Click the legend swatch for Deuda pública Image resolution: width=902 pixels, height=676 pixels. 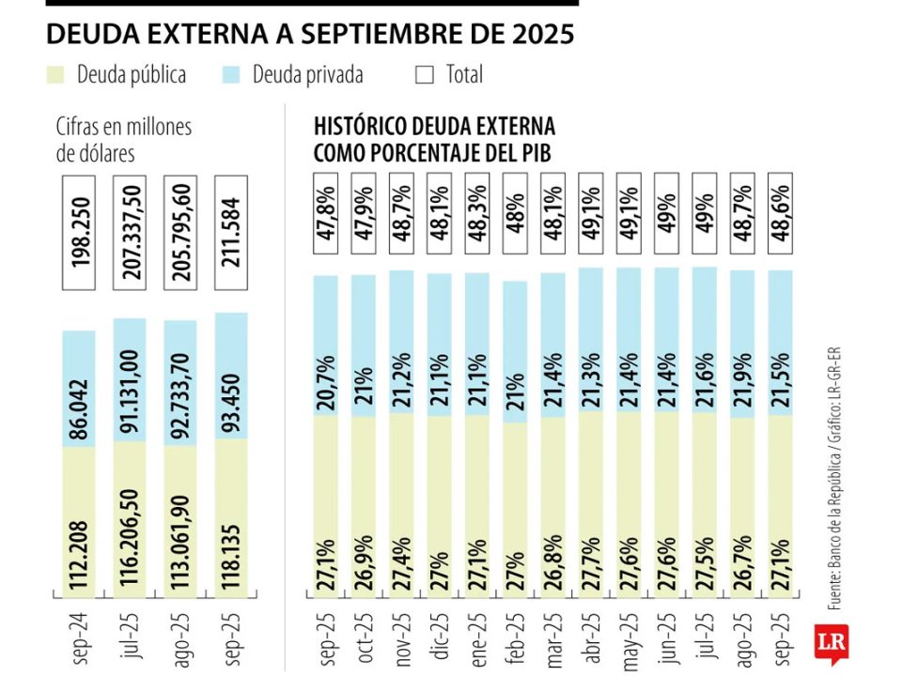point(55,74)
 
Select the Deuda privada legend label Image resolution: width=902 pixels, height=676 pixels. point(307,74)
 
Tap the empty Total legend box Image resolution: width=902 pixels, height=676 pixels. point(425,74)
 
